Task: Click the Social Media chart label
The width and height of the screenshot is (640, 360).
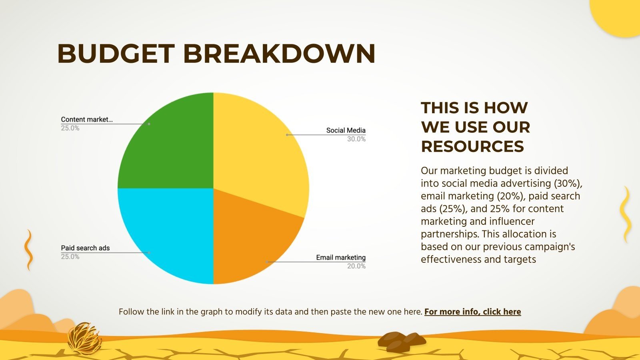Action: coord(346,130)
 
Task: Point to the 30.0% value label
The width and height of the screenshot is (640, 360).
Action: coord(356,139)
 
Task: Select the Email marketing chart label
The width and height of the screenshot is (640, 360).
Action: coord(340,258)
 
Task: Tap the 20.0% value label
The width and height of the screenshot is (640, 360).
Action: coord(356,266)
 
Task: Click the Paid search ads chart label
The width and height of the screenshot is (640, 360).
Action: coord(85,248)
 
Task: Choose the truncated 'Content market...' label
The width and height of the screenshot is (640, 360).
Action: coord(87,120)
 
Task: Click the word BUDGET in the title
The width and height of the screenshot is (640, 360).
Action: coord(116,54)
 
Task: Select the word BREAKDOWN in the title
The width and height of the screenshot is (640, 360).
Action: coord(279,54)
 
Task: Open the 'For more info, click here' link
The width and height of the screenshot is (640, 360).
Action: coord(472,312)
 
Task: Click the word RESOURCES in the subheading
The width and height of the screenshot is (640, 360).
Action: coord(472,146)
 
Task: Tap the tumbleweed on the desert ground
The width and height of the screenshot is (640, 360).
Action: coord(84,339)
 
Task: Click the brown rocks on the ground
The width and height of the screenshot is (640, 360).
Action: coord(402,342)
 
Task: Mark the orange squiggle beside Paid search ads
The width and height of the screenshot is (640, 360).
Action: coord(28,250)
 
